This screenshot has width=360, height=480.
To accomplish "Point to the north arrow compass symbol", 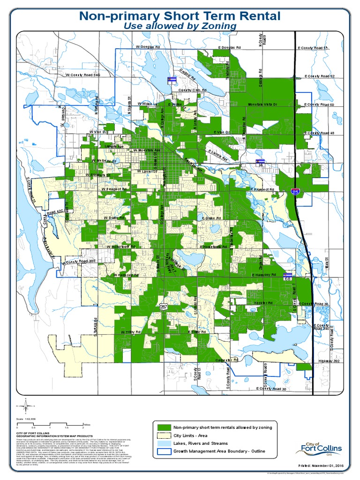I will (x=26, y=405).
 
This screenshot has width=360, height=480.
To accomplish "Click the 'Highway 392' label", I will (x=328, y=361).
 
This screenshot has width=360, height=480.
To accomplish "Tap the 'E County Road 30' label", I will (x=271, y=389).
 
